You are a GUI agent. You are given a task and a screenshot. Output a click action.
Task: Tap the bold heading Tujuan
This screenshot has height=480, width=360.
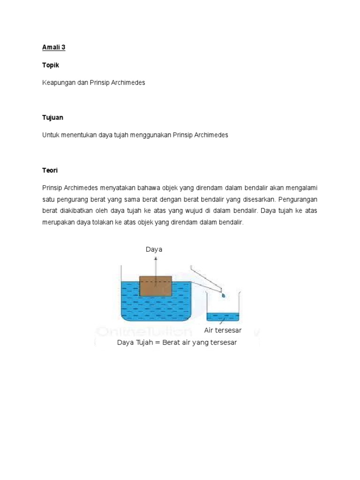coord(52,118)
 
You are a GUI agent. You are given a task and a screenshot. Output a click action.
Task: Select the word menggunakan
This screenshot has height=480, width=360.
coord(150,135)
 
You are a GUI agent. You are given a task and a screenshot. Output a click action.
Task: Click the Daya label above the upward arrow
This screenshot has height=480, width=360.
coord(154,249)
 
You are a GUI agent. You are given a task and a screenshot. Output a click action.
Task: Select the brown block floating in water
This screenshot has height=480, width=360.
coord(156,286)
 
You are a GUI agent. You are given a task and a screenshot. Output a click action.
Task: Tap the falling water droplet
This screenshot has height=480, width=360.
coord(224,296)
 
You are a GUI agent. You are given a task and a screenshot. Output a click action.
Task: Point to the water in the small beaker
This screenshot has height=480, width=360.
coord(223,317)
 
